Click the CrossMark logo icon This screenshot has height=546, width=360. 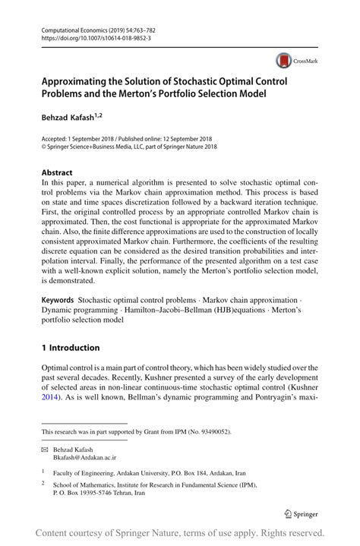pos(284,58)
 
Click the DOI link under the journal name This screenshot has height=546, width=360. pos(86,36)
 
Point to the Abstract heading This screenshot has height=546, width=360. pos(58,172)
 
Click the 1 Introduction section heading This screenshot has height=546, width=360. pos(71,348)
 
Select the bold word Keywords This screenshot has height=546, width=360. pos(58,301)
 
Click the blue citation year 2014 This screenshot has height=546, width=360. pos(51,396)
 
